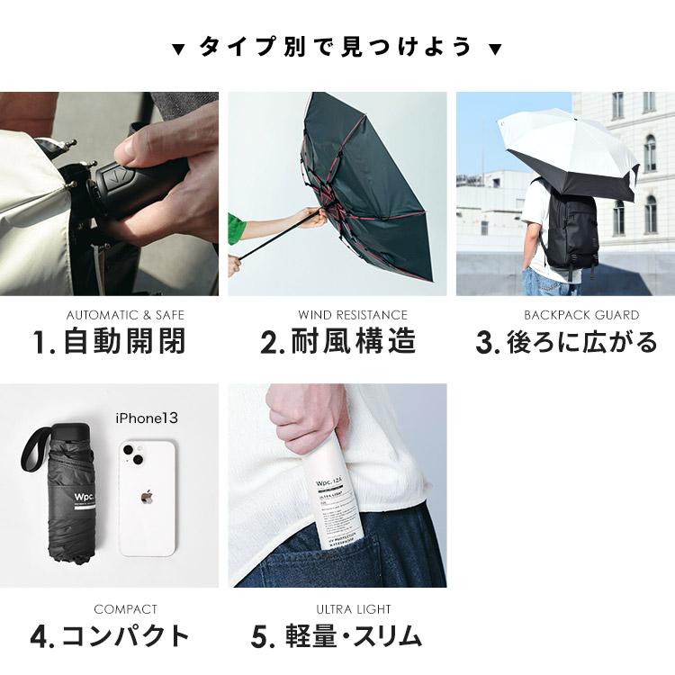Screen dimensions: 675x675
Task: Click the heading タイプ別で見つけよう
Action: click(337, 47)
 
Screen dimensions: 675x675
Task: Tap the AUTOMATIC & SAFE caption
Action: click(125, 315)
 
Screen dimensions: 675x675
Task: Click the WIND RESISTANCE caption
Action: click(352, 315)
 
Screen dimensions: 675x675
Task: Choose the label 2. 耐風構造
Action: click(337, 343)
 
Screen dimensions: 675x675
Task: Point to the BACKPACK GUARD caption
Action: click(581, 315)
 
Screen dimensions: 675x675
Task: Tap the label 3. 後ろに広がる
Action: click(566, 343)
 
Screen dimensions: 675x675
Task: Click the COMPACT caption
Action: click(125, 609)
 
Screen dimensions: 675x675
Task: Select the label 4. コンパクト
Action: click(110, 636)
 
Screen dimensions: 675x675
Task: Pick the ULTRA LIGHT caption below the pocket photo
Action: click(354, 609)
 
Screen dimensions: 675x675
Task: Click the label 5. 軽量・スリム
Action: click(337, 636)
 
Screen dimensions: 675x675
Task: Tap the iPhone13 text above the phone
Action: click(148, 418)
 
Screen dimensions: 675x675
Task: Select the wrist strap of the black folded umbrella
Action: click(33, 450)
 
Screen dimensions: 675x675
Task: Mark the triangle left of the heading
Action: click(178, 48)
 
